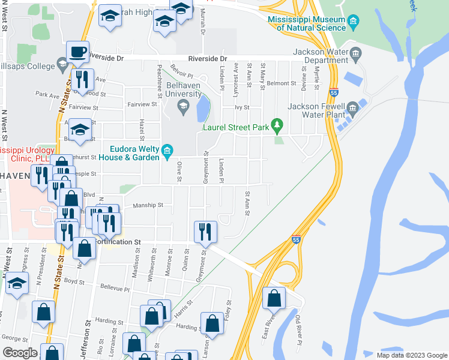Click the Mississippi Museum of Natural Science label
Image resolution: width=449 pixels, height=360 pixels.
(x=306, y=23)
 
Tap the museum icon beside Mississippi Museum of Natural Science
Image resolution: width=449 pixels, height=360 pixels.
(x=354, y=23)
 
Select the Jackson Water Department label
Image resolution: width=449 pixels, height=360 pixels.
(x=318, y=56)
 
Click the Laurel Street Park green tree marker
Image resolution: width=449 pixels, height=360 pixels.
(x=277, y=125)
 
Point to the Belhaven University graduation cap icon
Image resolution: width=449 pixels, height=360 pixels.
(x=182, y=108)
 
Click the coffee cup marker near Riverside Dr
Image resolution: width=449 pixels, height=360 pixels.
(x=77, y=52)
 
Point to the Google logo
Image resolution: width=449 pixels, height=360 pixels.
(x=19, y=353)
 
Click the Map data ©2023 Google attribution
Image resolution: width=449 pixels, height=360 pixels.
(x=412, y=355)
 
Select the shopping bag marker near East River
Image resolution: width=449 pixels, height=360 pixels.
(x=274, y=298)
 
